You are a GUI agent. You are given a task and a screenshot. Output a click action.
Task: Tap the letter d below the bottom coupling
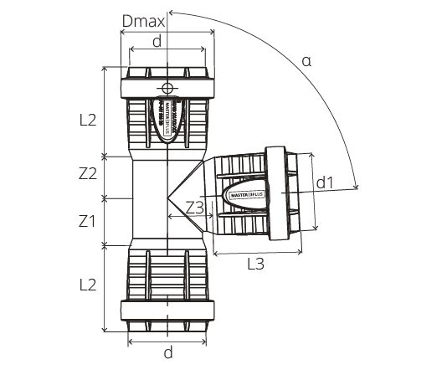click(x=167, y=353)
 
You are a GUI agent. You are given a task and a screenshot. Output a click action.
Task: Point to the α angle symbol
click(x=306, y=60)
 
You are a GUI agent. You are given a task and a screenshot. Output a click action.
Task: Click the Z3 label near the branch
click(x=196, y=207)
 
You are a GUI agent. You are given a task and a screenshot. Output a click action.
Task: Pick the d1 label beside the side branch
click(x=325, y=182)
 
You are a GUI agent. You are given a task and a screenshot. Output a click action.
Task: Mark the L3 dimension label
click(x=256, y=264)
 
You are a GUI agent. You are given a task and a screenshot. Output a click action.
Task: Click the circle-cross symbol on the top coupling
click(x=167, y=88)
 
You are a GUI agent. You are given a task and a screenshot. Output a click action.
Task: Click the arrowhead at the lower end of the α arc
click(x=358, y=186)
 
